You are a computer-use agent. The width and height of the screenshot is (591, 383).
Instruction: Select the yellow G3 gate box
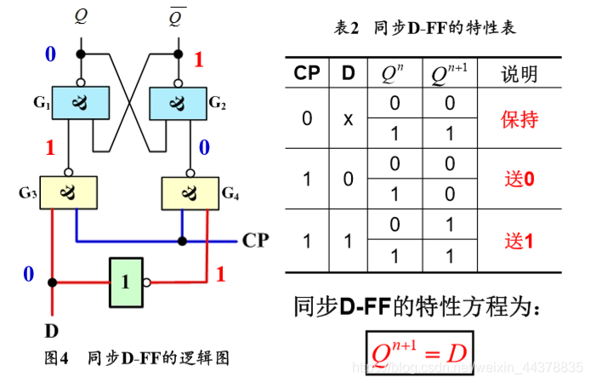tap(68, 191)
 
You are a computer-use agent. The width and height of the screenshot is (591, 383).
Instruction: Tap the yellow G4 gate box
tap(190, 191)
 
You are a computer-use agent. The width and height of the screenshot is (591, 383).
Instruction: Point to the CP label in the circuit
tap(256, 240)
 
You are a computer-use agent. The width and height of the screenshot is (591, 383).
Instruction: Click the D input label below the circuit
tap(53, 329)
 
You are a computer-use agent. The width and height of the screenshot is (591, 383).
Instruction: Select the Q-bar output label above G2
tap(178, 16)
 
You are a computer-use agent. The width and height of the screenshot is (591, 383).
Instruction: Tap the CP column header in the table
tap(307, 73)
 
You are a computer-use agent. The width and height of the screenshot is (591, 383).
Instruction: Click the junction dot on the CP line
tap(181, 241)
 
